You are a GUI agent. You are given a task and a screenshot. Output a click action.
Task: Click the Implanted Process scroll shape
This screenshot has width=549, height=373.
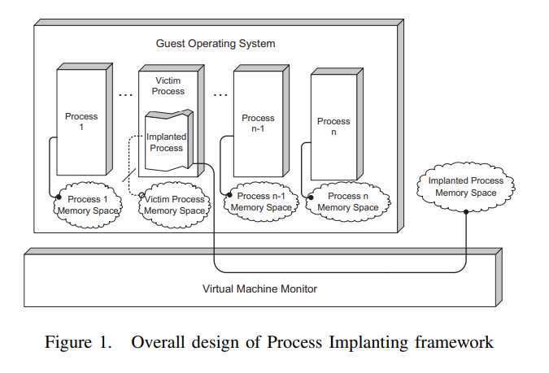click(168, 142)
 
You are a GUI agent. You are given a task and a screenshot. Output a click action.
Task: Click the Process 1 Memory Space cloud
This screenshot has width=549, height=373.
click(87, 205)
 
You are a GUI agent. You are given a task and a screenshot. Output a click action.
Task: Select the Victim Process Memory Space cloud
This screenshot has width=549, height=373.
click(174, 205)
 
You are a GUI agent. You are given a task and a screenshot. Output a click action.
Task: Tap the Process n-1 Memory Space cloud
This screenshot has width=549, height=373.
click(259, 202)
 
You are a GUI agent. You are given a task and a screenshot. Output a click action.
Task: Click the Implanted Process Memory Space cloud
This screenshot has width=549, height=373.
click(466, 186)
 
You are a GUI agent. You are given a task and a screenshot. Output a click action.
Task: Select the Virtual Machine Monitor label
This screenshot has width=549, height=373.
click(259, 288)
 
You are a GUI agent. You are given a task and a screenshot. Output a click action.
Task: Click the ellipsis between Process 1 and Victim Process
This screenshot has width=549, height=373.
click(125, 95)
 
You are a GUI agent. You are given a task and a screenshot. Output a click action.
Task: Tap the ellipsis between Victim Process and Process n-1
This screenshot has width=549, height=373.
click(220, 95)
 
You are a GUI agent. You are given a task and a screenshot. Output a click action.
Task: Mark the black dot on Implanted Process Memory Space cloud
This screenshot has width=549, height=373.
click(465, 211)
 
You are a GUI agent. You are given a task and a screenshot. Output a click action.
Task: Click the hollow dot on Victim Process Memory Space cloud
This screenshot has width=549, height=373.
click(142, 196)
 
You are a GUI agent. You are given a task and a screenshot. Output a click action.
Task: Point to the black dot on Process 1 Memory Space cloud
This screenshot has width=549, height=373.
click(58, 196)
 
